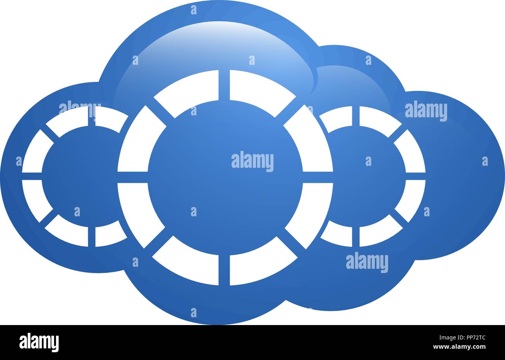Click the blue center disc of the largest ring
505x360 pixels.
tap(225, 177)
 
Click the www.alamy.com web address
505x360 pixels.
tap(459, 347)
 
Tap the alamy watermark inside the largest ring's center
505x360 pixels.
tap(252, 162)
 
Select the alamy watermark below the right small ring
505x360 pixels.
tap(367, 263)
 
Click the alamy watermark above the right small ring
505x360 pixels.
tap(426, 111)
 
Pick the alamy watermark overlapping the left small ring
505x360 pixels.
tap(80, 110)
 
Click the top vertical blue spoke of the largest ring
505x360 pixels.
tap(224, 85)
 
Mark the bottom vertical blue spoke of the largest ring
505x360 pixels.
tap(224, 270)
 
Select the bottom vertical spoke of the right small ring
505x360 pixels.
tap(356, 237)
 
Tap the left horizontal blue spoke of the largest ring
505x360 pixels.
tap(132, 177)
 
